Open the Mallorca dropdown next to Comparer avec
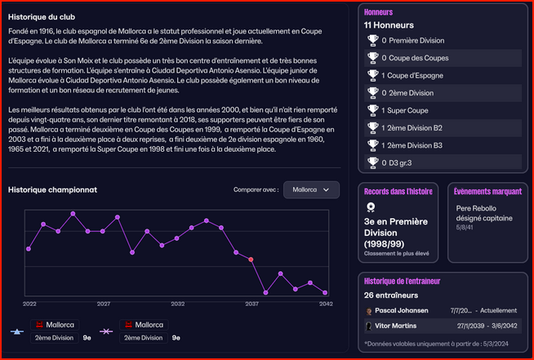pos(310,189)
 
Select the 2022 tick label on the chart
pos(29,303)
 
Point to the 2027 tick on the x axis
pos(104,303)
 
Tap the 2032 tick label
pos(177,303)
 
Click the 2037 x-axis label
pos(251,303)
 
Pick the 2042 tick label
pos(325,303)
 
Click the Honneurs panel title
pos(379,12)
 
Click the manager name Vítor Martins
pos(396,326)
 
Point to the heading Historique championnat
pos(52,189)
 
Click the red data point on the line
pos(251,259)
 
